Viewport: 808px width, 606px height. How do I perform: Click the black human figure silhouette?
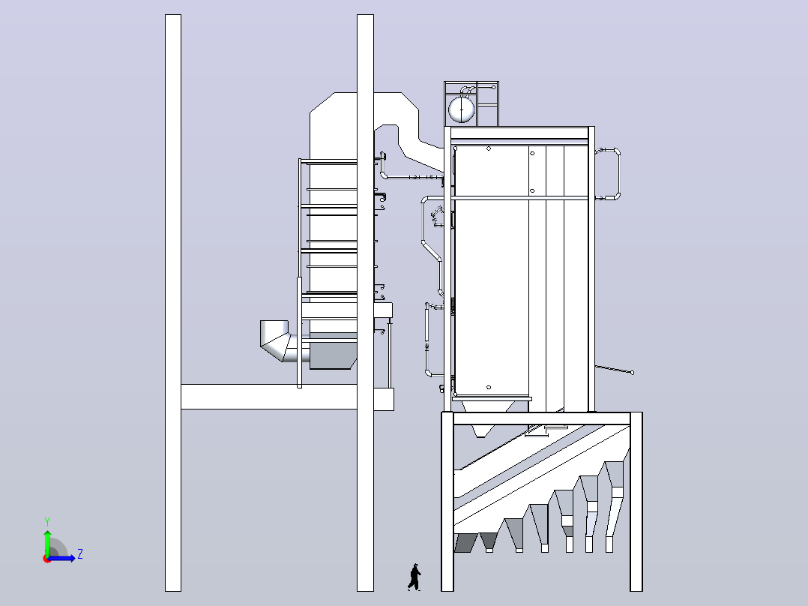tap(414, 577)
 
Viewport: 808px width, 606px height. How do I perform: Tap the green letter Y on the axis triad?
tap(47, 521)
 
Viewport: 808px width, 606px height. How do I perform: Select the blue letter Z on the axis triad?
tap(80, 554)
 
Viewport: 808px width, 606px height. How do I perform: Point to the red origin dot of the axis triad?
tap(46, 559)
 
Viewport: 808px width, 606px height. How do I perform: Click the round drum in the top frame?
tap(461, 109)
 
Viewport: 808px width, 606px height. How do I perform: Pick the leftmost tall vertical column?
tap(173, 303)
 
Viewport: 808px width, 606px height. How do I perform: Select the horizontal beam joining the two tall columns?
tap(269, 397)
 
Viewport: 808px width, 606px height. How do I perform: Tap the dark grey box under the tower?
tap(332, 355)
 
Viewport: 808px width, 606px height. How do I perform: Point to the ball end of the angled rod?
tap(633, 372)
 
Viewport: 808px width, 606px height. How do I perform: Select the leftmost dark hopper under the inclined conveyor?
tap(465, 542)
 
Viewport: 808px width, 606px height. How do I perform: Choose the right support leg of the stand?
tap(636, 501)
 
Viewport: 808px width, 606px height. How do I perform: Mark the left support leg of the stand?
tap(447, 501)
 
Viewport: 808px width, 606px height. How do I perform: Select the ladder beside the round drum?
tap(487, 104)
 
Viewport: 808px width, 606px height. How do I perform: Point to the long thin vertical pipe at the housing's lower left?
tap(426, 339)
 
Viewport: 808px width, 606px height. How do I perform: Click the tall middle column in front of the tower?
tap(365, 303)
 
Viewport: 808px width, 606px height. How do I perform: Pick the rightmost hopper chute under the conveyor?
tap(613, 506)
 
